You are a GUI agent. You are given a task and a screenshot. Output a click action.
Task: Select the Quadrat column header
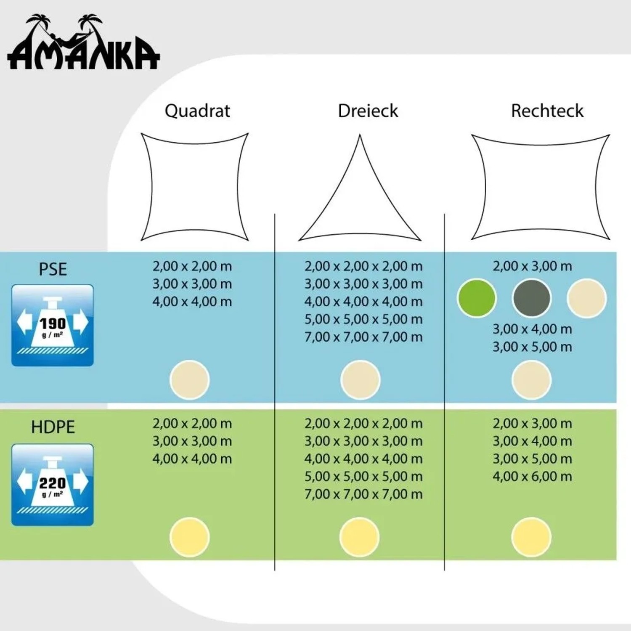tap(197, 111)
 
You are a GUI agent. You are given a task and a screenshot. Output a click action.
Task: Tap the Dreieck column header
tap(368, 111)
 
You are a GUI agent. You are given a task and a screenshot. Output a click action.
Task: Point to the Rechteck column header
tap(547, 111)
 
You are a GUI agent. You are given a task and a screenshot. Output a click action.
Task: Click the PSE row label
tap(53, 269)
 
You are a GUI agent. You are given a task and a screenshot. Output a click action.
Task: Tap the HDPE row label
tap(53, 427)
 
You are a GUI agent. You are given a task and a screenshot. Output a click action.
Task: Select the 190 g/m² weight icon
tap(53, 325)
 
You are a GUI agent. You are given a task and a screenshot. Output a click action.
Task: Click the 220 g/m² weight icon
tap(53, 485)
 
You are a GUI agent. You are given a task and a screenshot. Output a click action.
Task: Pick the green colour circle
tap(477, 298)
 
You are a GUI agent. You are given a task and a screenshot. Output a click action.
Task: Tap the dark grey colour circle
tap(531, 298)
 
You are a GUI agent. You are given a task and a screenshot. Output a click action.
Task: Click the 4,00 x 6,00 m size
tap(532, 476)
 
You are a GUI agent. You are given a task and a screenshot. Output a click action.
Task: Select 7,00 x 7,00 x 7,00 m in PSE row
tap(363, 337)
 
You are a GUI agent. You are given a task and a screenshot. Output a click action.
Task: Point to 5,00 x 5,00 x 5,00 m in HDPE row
tap(363, 476)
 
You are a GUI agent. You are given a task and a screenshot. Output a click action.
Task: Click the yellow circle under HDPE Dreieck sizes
tap(360, 537)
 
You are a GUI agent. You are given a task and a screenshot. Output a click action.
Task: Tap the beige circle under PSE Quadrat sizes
tap(189, 380)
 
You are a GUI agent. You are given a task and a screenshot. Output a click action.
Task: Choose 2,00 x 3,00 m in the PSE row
tap(532, 266)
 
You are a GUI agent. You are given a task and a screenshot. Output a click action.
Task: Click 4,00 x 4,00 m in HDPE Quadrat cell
tap(192, 459)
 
